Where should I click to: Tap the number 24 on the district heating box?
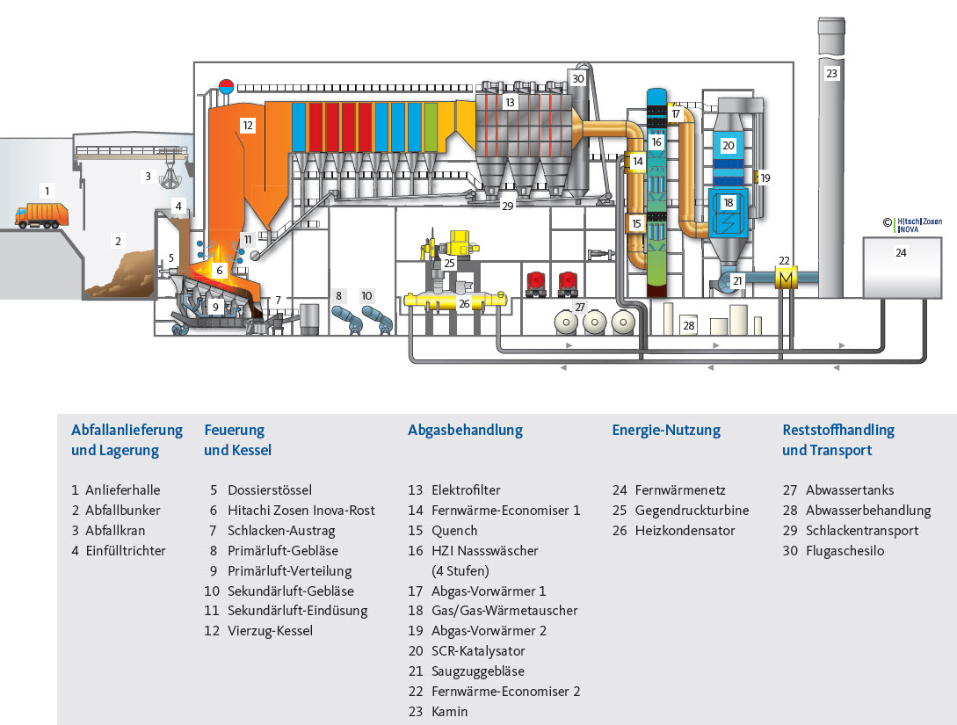(x=901, y=252)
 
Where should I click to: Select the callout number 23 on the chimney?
(x=831, y=74)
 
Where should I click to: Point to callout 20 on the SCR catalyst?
(x=728, y=145)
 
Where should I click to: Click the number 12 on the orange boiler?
(x=247, y=126)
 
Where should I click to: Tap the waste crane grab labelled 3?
(x=165, y=180)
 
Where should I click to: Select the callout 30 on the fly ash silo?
(x=577, y=78)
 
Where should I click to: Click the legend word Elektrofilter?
(x=466, y=490)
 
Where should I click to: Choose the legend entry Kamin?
(x=450, y=712)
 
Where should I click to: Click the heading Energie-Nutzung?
(x=665, y=431)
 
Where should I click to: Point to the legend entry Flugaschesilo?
(x=845, y=551)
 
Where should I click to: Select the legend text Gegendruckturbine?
(x=692, y=511)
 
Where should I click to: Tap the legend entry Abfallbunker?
(x=123, y=511)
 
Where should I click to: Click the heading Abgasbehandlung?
(x=465, y=431)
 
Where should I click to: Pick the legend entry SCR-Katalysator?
(x=478, y=651)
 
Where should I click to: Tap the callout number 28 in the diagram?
(x=689, y=325)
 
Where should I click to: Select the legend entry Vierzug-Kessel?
(x=270, y=631)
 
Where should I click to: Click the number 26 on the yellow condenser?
(x=464, y=304)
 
